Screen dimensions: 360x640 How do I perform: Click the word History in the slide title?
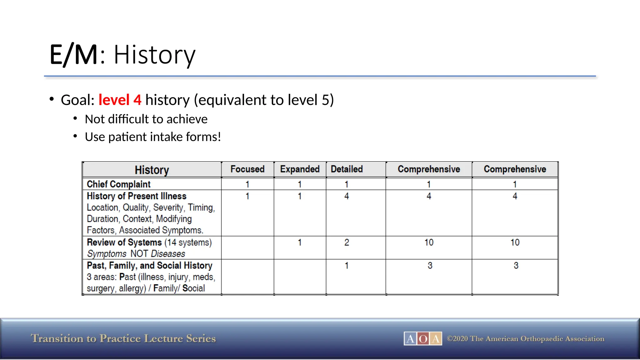click(x=154, y=55)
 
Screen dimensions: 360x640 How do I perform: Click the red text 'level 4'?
click(x=120, y=100)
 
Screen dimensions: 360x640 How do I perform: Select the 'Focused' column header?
click(x=247, y=169)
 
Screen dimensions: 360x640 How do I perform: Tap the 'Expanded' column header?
click(x=300, y=169)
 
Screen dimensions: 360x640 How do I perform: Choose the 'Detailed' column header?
click(x=347, y=169)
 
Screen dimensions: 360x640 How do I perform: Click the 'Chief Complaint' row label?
click(x=118, y=184)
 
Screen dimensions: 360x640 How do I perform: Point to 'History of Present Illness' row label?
click(x=137, y=196)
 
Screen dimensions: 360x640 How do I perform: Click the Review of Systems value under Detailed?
click(x=347, y=242)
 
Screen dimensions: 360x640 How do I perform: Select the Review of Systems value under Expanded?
click(x=300, y=242)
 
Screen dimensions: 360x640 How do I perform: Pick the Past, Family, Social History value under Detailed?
click(x=347, y=265)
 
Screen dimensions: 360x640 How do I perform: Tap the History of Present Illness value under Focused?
click(x=247, y=196)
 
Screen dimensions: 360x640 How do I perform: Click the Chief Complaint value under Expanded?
click(x=300, y=184)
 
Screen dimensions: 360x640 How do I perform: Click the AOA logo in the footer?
click(x=423, y=338)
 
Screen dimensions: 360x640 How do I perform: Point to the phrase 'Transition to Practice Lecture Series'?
click(x=123, y=338)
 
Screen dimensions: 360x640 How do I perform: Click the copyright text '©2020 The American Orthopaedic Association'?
click(x=525, y=338)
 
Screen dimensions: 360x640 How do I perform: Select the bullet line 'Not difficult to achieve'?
click(x=146, y=119)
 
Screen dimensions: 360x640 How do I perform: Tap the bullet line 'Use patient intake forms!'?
click(x=153, y=137)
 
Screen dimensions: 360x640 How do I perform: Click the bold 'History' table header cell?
click(x=152, y=170)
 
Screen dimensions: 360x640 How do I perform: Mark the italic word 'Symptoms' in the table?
click(x=107, y=253)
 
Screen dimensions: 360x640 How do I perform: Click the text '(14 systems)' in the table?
click(x=188, y=242)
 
